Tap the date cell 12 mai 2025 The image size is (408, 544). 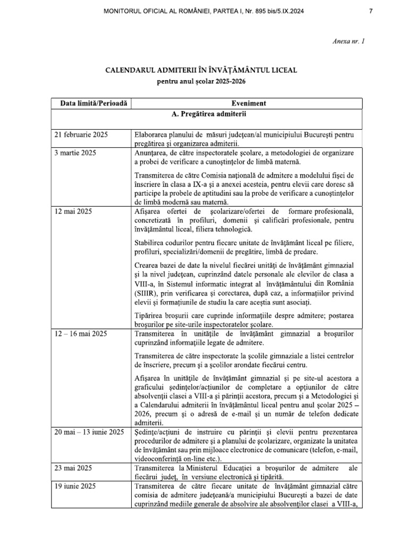pos(73,211)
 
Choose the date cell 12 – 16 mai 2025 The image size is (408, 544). pos(81,334)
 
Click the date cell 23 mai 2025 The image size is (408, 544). pos(73,468)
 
